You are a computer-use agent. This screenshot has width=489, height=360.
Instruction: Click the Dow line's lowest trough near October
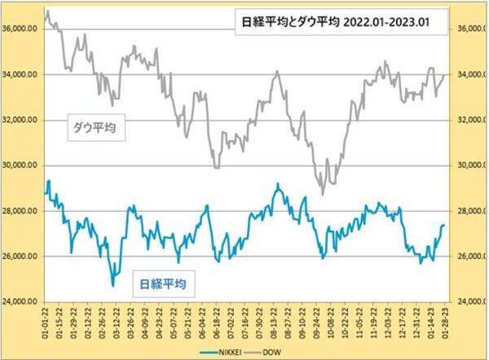[x=323, y=195]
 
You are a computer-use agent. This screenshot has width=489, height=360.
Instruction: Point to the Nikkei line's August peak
[x=278, y=185]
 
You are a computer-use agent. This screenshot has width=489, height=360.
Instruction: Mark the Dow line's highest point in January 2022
[x=48, y=11]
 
